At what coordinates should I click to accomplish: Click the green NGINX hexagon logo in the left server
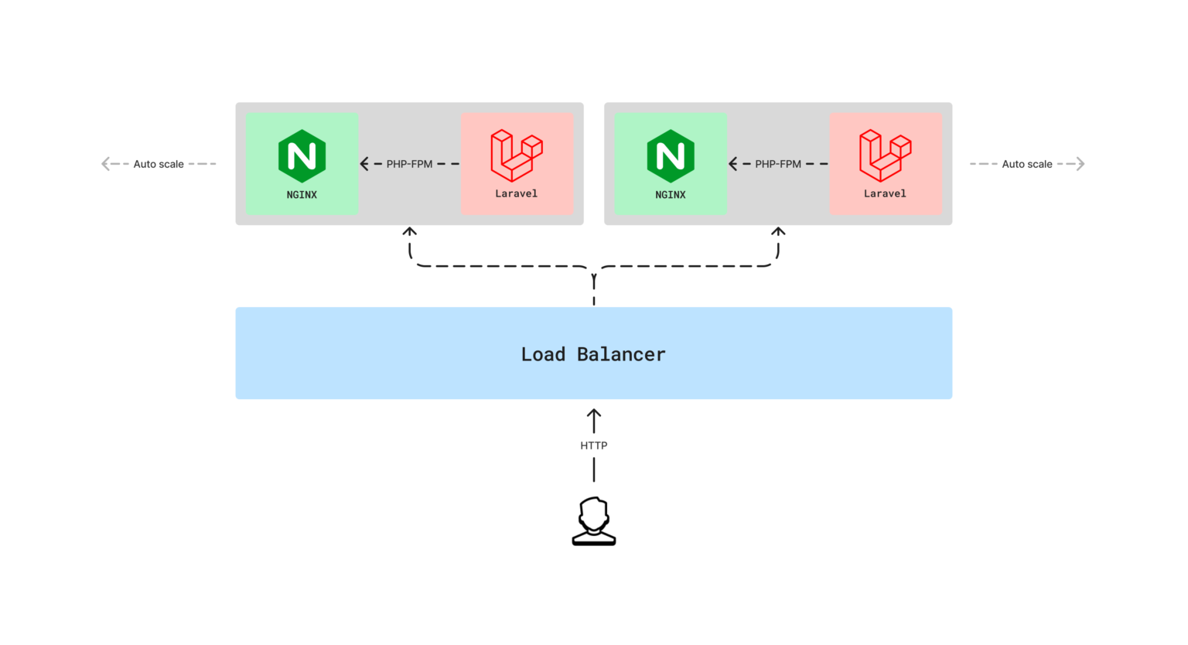pyautogui.click(x=302, y=156)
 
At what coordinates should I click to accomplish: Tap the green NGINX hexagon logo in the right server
pyautogui.click(x=671, y=156)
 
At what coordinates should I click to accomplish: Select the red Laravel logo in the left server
pyautogui.click(x=517, y=155)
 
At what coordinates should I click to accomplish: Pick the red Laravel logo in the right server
pyautogui.click(x=885, y=155)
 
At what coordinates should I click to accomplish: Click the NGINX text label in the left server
pyautogui.click(x=302, y=195)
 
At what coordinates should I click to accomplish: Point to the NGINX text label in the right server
pyautogui.click(x=671, y=195)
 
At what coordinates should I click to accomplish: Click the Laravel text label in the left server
pyautogui.click(x=516, y=193)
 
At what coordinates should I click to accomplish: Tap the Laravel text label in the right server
pyautogui.click(x=885, y=193)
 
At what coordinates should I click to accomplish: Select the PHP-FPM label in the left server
pyautogui.click(x=409, y=164)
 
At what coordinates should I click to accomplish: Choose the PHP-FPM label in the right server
pyautogui.click(x=778, y=164)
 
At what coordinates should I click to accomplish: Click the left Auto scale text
pyautogui.click(x=159, y=164)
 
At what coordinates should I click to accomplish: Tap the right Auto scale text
pyautogui.click(x=1027, y=164)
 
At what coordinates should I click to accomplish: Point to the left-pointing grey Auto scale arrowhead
pyautogui.click(x=105, y=164)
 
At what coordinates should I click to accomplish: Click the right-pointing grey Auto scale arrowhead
pyautogui.click(x=1080, y=164)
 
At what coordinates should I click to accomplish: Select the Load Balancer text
pyautogui.click(x=593, y=353)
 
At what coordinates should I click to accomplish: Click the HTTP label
pyautogui.click(x=593, y=445)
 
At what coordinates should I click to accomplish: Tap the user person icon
pyautogui.click(x=594, y=521)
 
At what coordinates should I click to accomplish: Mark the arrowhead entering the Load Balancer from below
pyautogui.click(x=594, y=413)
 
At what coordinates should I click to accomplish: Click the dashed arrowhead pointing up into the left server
pyautogui.click(x=409, y=231)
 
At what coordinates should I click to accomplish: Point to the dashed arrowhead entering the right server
pyautogui.click(x=778, y=231)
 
